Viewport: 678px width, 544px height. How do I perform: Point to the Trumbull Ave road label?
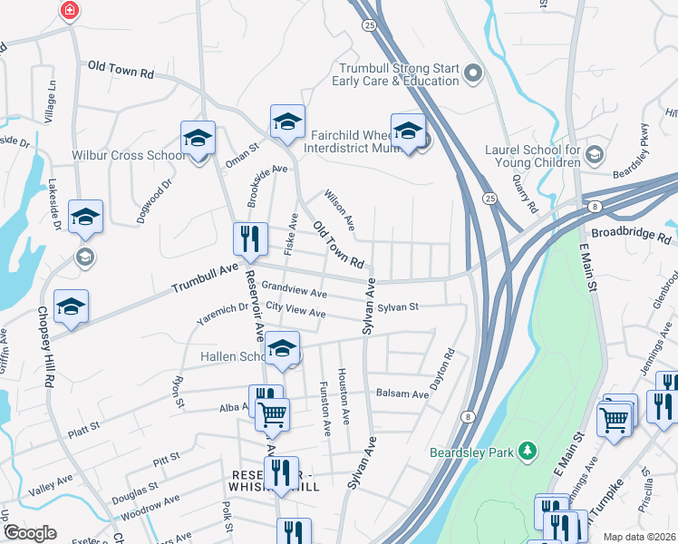(204, 279)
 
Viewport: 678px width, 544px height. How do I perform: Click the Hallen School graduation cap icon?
(282, 350)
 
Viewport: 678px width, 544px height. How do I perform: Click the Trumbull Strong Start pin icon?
(471, 73)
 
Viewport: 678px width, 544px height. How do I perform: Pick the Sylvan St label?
(398, 307)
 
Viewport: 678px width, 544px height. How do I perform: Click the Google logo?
(29, 533)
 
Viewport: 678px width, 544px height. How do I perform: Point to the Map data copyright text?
(640, 537)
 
